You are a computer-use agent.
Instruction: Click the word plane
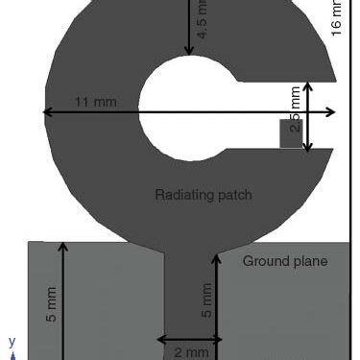coord(308,261)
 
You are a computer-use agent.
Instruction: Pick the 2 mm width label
coord(190,352)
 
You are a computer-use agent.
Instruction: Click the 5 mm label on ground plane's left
coord(52,304)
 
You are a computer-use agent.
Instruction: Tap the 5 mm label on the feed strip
coord(205,300)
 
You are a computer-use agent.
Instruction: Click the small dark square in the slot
coord(291,133)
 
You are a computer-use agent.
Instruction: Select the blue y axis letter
coord(12,341)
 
